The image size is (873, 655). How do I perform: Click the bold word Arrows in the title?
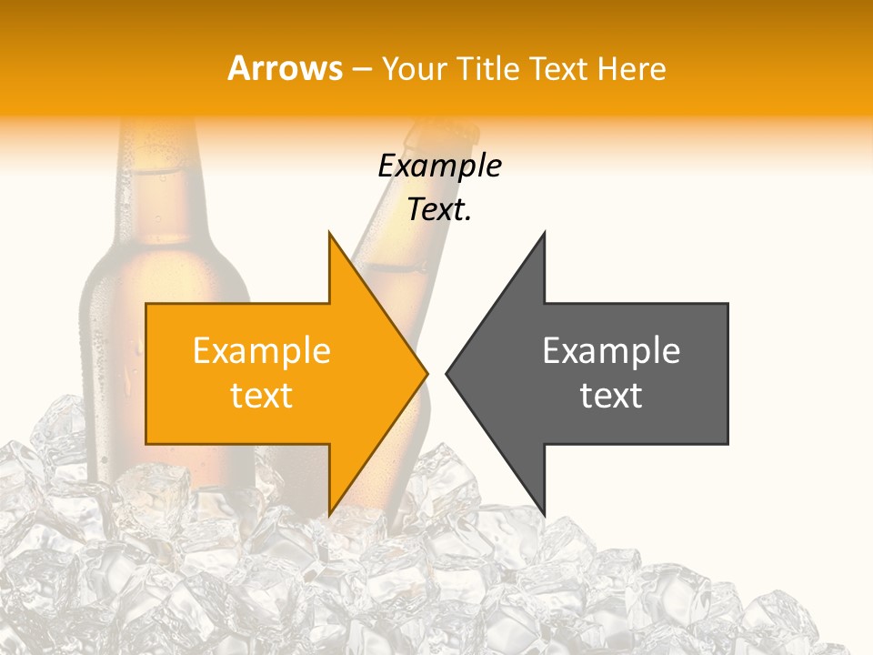click(285, 68)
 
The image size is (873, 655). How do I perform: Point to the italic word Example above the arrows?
click(439, 166)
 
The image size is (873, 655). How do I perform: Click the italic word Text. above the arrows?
click(439, 209)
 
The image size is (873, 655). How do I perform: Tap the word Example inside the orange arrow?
click(262, 351)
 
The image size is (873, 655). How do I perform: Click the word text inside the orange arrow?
click(262, 396)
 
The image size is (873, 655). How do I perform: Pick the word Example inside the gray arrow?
click(611, 351)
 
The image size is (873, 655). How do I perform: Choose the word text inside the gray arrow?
click(611, 396)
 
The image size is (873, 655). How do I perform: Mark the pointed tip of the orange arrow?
click(426, 373)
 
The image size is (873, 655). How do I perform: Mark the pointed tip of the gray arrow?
click(448, 373)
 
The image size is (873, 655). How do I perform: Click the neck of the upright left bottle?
click(150, 173)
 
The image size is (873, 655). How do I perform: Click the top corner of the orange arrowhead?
click(329, 235)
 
